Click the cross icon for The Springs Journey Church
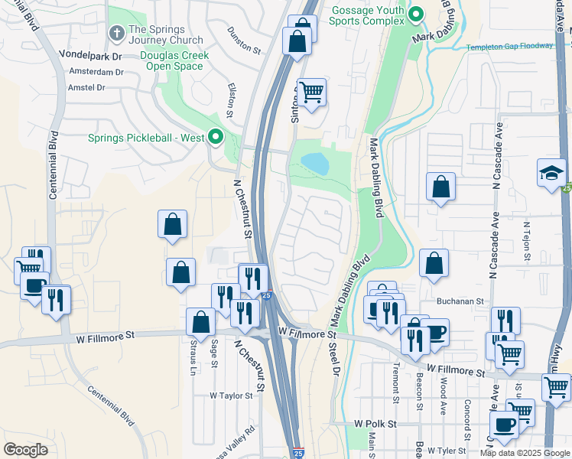point(117,32)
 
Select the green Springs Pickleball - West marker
point(216,138)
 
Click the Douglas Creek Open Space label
point(171,60)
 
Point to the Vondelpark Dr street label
point(91,56)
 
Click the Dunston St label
point(244,39)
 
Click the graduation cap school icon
point(551,173)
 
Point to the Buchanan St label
point(462,301)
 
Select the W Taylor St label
point(231,396)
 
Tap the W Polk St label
point(375,424)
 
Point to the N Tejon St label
point(527,242)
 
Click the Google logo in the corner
point(25,450)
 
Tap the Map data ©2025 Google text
point(525,453)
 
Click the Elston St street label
point(231,101)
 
